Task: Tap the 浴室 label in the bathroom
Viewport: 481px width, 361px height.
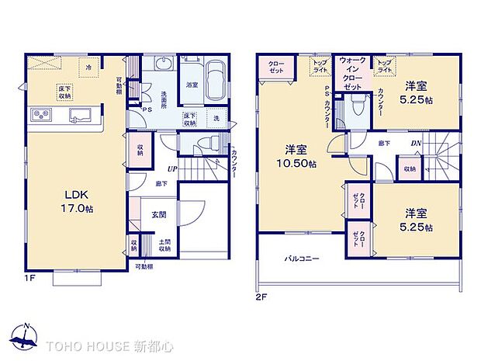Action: (x=191, y=86)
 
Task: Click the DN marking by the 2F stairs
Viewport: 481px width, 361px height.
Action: (x=416, y=144)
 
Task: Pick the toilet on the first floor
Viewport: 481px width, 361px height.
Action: (x=206, y=144)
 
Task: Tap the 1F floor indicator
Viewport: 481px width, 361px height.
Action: (x=29, y=276)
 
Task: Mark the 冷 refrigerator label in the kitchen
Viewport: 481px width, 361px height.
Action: (x=89, y=68)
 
